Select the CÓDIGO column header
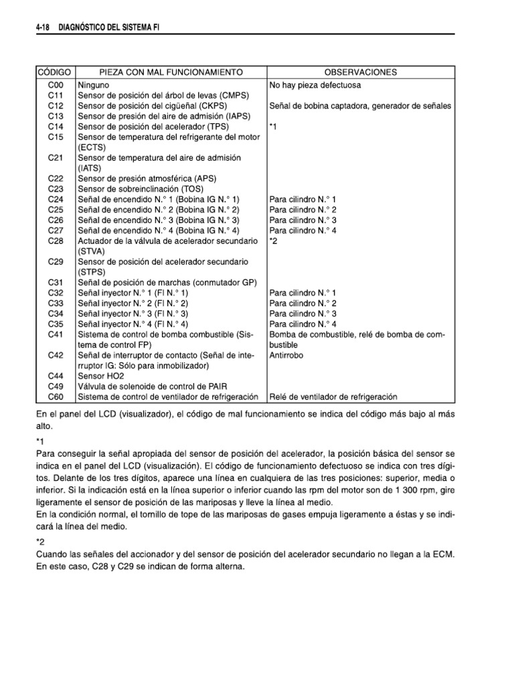coord(56,72)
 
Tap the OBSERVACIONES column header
coord(361,72)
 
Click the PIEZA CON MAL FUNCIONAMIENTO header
coord(171,72)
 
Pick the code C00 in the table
coord(56,86)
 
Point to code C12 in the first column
coord(56,106)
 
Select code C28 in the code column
coord(56,241)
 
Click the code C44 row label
coord(56,376)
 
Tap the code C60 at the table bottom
coord(56,396)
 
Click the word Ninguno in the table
coord(94,86)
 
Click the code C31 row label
coord(56,282)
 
